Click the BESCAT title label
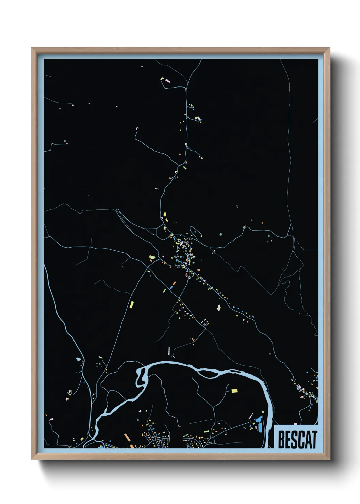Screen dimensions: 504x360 tap(297, 439)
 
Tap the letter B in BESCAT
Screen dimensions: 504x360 tap(281, 440)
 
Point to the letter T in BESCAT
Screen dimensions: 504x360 tap(314, 440)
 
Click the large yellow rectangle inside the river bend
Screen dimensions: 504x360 tap(234, 391)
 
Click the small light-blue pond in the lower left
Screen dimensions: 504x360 tap(79, 359)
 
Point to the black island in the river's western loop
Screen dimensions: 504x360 tap(140, 375)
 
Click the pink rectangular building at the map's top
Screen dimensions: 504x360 tap(167, 81)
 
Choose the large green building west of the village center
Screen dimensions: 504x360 tap(152, 257)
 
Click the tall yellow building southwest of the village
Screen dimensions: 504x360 tap(131, 304)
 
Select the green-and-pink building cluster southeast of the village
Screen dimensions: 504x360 tap(219, 308)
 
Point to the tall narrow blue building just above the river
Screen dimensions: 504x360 tap(169, 350)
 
